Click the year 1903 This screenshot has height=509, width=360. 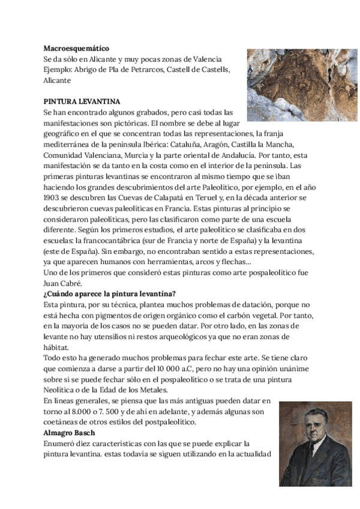click(53, 197)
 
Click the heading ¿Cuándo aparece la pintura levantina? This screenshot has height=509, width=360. click(109, 294)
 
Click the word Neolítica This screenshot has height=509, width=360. click(61, 390)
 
